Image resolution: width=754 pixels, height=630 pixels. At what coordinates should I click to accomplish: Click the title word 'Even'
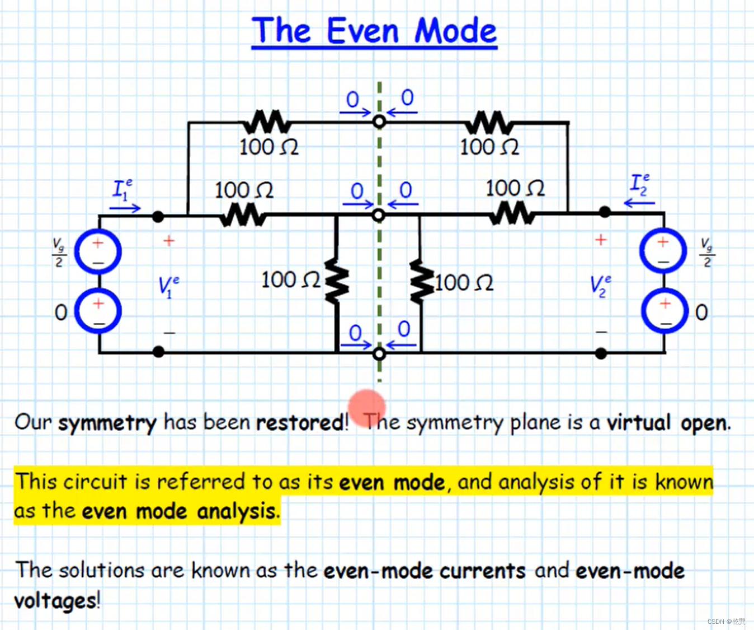[362, 31]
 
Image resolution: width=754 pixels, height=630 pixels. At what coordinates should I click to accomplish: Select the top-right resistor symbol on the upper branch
[489, 122]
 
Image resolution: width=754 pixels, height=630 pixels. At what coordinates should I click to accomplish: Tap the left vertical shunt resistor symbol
[336, 281]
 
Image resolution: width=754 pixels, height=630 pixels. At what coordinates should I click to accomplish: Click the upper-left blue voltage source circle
[98, 252]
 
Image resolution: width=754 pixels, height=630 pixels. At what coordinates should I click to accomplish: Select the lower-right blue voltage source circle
[665, 311]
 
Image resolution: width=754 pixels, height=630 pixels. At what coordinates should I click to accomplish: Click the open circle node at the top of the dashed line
[379, 121]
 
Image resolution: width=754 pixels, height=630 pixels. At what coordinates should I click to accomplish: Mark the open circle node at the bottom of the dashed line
[379, 354]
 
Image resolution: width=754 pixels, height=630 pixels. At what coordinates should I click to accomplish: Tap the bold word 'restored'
[300, 422]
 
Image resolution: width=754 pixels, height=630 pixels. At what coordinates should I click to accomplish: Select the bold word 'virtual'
[638, 422]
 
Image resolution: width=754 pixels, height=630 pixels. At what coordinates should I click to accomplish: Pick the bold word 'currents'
[482, 571]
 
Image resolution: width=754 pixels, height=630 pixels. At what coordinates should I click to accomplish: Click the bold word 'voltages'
[55, 601]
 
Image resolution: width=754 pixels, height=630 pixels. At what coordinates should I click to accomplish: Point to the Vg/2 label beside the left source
[59, 253]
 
